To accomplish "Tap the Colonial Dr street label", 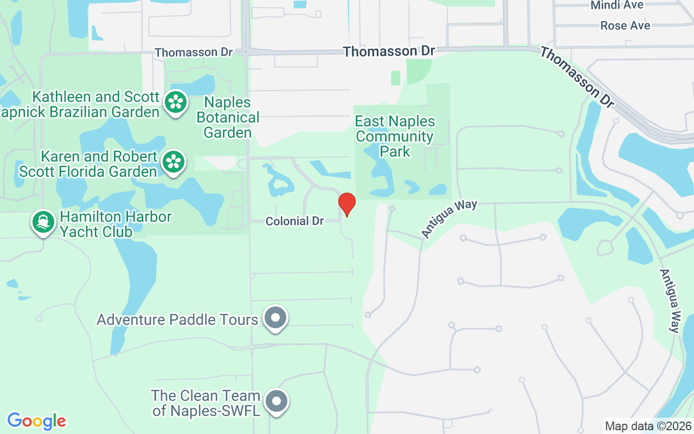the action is pos(294,221).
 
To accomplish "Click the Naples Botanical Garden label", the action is pos(228,117).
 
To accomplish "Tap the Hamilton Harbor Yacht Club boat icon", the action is pos(43,222).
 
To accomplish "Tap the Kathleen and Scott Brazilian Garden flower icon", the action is pos(176,101).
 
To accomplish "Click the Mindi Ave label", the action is pos(617,5).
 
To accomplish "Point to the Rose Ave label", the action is pos(625,25).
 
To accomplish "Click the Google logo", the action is pos(36,421).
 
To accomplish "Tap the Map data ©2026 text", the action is pos(648,426).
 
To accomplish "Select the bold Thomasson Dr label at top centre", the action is pos(389,52).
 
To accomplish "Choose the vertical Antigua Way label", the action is pos(670,301).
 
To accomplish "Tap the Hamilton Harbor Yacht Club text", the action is pos(115,224).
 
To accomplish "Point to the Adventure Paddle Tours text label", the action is pos(177,320).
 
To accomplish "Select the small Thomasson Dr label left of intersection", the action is pos(193,53).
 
